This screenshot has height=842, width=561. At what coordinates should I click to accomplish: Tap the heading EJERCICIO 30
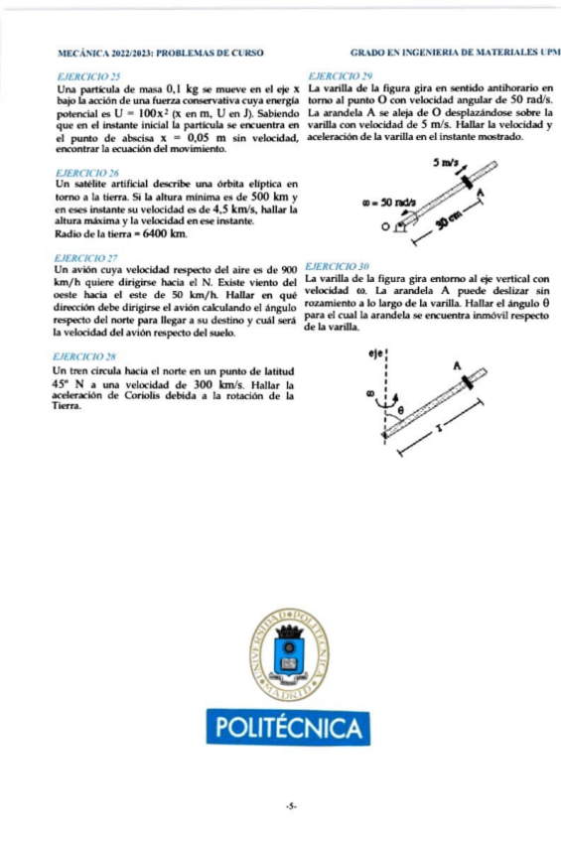338,267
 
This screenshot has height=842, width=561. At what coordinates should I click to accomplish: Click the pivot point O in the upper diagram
384,226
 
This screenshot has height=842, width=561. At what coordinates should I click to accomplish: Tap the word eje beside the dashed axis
374,351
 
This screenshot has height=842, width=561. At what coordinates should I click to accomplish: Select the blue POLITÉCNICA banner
289,729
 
